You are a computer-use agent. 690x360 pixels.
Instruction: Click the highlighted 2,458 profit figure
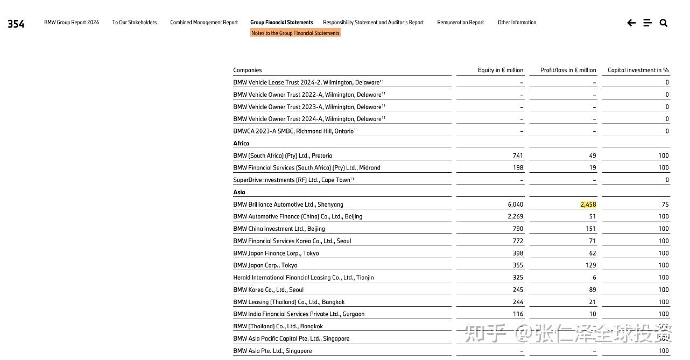588,204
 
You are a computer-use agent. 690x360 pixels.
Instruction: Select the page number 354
16,24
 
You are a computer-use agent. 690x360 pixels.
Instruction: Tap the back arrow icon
631,23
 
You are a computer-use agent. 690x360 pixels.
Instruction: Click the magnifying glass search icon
664,23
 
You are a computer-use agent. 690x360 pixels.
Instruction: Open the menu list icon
647,23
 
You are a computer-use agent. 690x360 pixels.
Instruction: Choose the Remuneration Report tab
460,23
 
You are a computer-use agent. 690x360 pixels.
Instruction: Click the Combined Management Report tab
204,23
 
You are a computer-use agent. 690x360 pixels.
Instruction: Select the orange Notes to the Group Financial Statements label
295,33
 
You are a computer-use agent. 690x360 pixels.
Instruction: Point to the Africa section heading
241,144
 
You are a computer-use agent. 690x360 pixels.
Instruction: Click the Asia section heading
239,192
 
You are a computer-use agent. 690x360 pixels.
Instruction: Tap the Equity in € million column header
500,70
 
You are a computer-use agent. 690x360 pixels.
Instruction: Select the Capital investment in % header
638,70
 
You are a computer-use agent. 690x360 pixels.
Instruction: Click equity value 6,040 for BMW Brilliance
515,204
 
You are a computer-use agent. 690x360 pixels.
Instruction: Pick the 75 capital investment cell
665,204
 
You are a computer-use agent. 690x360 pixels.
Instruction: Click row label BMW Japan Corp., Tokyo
265,265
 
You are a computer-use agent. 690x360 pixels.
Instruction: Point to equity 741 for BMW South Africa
518,156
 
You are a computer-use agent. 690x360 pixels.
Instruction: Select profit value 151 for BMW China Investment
590,229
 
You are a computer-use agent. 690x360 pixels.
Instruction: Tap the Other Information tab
517,23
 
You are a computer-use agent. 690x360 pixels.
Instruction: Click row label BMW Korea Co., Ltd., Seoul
268,290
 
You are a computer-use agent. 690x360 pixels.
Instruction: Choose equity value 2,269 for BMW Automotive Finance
515,216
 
